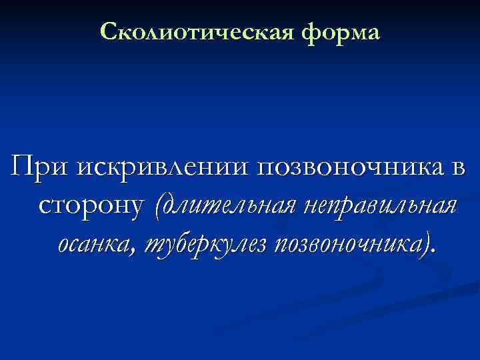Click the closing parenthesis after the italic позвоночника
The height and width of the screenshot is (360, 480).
tap(427, 245)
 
